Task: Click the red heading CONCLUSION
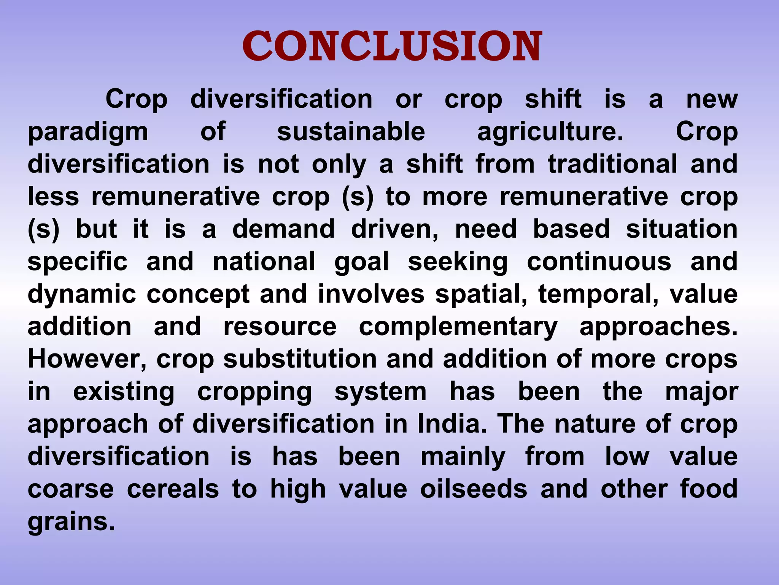(x=392, y=46)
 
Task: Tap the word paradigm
(x=88, y=132)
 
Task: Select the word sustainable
(x=351, y=132)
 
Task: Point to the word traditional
(x=613, y=164)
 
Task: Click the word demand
(x=283, y=229)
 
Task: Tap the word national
(x=264, y=262)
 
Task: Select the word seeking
(x=458, y=262)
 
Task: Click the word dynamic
(x=82, y=294)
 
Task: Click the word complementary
(x=458, y=327)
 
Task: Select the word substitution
(x=300, y=359)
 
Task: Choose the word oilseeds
(x=474, y=489)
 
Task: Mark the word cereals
(x=173, y=489)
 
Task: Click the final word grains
(x=71, y=522)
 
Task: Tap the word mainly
(x=463, y=457)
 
